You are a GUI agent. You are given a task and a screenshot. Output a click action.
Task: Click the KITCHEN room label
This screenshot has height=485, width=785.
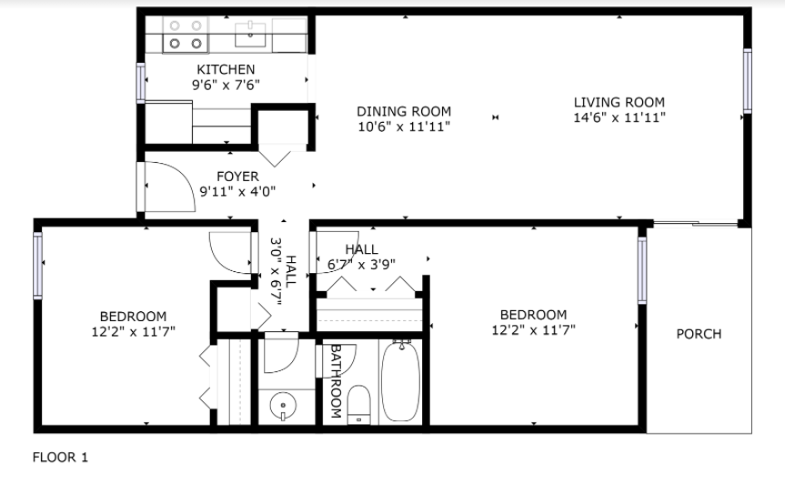point(226,69)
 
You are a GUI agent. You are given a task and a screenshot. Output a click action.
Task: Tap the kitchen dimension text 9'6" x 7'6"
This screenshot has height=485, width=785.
point(226,85)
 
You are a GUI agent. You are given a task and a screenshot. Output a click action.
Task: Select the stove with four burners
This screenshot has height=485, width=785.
point(184,35)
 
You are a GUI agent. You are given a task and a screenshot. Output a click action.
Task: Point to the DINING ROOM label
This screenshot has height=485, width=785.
point(404,112)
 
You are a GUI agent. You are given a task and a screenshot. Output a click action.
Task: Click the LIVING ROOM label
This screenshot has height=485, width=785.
point(619,102)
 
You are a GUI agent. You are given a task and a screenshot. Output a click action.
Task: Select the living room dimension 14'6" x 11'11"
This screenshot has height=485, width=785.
point(619,117)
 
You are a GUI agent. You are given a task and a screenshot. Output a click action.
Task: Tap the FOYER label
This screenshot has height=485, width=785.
point(237,176)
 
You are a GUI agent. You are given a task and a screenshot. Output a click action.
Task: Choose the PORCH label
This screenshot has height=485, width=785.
point(699,334)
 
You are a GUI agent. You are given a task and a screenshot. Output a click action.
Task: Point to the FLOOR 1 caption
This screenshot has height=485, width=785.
point(60,458)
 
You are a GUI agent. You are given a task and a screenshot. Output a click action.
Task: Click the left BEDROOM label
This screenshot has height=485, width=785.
point(133,316)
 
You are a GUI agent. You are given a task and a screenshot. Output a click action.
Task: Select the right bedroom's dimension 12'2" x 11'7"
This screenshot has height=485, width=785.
point(533,330)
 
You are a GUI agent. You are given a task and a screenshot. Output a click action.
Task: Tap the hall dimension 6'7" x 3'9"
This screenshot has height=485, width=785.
point(361,265)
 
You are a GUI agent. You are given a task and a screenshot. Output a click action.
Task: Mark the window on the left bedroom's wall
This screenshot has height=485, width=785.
point(38,266)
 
